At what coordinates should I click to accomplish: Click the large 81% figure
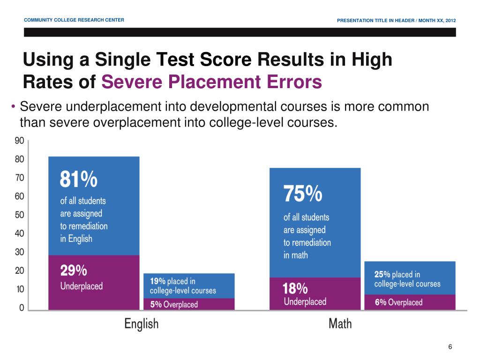click(x=79, y=180)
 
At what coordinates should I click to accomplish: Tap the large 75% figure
click(x=302, y=194)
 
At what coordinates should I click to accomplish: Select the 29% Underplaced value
click(x=74, y=270)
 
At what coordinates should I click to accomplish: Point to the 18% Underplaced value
click(x=295, y=288)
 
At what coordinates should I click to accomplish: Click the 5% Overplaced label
click(x=174, y=304)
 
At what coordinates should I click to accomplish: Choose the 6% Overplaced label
click(x=398, y=302)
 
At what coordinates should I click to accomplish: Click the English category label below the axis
click(x=141, y=323)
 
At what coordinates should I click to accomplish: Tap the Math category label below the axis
click(x=340, y=323)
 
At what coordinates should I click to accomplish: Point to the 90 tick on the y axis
click(x=19, y=141)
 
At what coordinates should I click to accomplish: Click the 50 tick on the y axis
click(x=19, y=215)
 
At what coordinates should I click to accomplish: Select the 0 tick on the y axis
click(x=22, y=308)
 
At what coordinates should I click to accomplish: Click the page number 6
click(x=450, y=347)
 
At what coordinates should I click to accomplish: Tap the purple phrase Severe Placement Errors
click(x=212, y=82)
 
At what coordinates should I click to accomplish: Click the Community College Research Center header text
click(x=74, y=20)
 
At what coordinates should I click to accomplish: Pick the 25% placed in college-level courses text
click(x=407, y=279)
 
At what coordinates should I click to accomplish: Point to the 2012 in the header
click(x=450, y=20)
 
